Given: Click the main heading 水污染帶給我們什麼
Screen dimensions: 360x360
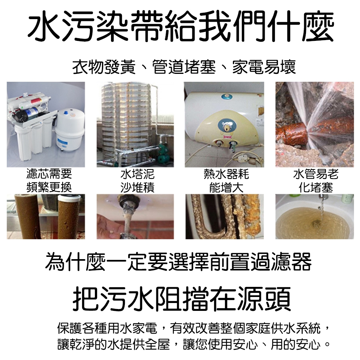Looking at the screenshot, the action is coord(180,26).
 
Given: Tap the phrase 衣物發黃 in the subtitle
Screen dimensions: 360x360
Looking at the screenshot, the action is coord(104,67).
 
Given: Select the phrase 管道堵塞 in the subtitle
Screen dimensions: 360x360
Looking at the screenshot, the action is coord(184,67).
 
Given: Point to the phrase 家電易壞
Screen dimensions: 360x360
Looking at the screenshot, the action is coord(264,67).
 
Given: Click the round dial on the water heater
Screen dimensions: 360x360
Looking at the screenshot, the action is coord(226,126).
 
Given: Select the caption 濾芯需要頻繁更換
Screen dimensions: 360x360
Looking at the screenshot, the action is coord(49,180).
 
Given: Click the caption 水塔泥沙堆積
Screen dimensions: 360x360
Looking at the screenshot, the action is coord(137,180).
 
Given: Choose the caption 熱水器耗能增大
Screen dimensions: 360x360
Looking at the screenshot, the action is coord(226,180).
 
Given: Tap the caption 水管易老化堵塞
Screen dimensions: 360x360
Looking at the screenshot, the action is coord(316,180).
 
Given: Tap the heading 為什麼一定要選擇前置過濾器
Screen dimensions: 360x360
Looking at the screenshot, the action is coord(178,261).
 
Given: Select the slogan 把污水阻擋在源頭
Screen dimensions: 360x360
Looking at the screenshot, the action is coord(181,298).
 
